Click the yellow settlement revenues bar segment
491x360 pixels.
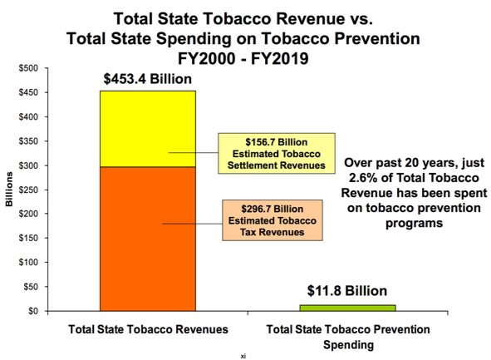(124, 129)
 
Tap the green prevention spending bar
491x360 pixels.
(348, 308)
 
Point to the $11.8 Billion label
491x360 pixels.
(348, 291)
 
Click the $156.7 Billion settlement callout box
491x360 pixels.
(275, 152)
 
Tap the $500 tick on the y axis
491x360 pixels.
(28, 67)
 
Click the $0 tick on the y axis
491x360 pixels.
(33, 311)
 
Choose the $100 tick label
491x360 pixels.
(28, 263)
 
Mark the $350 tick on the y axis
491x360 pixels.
(28, 141)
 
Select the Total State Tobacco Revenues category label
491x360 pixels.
(148, 330)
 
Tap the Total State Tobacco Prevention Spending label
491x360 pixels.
(348, 336)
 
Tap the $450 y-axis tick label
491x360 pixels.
(28, 91)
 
